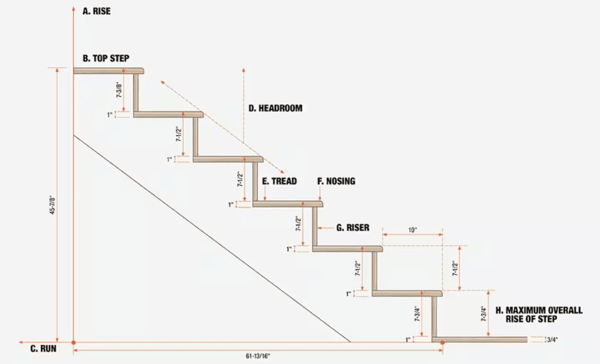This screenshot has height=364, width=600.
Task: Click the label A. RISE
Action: [97, 11]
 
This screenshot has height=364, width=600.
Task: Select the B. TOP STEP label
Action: [106, 58]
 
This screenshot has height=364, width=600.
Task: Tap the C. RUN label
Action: [43, 349]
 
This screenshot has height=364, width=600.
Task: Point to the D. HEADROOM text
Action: [275, 108]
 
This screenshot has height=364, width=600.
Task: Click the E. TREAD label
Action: [279, 181]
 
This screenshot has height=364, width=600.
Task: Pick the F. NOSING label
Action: [336, 181]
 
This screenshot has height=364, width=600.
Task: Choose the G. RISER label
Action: [353, 228]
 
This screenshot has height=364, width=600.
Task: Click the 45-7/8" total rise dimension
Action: [53, 205]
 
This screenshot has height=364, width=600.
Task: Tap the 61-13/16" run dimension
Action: [258, 356]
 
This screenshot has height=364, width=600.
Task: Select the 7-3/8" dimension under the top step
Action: [120, 90]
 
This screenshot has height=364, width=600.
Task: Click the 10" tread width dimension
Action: [412, 230]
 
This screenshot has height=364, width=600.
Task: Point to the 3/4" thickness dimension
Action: [552, 339]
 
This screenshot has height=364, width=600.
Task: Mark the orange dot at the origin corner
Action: [73, 342]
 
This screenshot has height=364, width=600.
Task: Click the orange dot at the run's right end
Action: [443, 342]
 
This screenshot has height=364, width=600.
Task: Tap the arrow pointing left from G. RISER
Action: [326, 228]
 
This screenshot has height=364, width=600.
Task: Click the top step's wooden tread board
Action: [108, 71]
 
